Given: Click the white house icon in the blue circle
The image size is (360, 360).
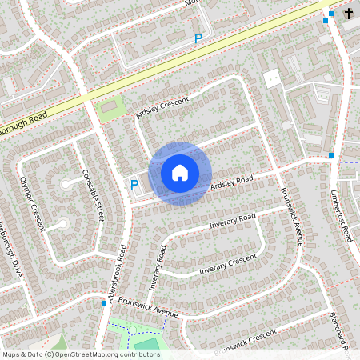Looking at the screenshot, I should [x=180, y=171].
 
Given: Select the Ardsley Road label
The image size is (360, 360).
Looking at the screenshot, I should [x=231, y=182].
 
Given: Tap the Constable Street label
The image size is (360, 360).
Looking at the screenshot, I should [x=94, y=195].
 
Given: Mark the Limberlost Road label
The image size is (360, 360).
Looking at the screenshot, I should [x=342, y=216].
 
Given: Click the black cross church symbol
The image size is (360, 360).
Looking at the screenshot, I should [x=349, y=14].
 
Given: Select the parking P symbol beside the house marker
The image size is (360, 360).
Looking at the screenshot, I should [x=134, y=186].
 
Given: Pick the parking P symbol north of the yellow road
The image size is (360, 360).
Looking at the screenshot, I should [x=198, y=38].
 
